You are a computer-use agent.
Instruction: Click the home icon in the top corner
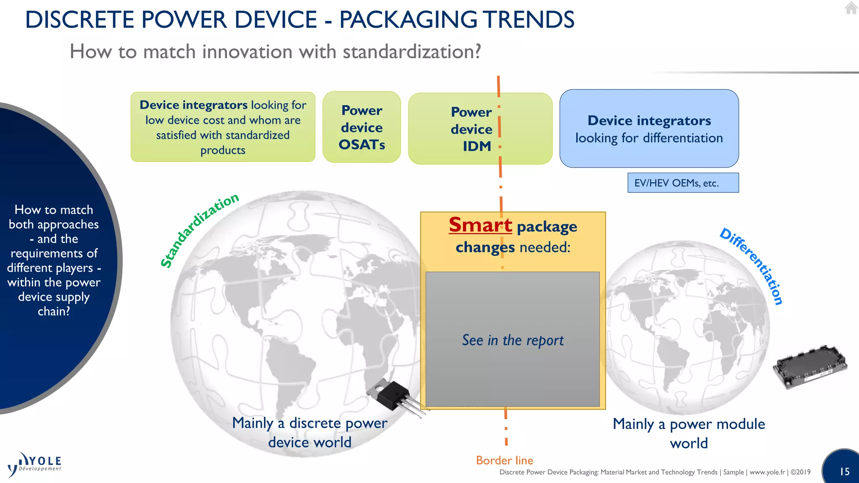(851, 8)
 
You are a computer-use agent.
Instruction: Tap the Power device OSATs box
(362, 127)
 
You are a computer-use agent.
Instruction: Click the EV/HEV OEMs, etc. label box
(682, 183)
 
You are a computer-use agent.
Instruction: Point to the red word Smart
(480, 225)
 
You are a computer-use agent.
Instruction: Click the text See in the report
(513, 340)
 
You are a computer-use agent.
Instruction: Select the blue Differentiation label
(752, 266)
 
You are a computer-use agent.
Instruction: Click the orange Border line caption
(504, 460)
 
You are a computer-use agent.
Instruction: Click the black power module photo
(810, 366)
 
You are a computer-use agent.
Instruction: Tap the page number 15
(844, 472)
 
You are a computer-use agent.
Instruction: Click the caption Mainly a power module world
(689, 433)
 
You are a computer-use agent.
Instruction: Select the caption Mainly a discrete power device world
(310, 432)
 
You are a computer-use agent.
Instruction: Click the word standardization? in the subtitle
(411, 52)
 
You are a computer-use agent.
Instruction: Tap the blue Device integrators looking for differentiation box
(649, 128)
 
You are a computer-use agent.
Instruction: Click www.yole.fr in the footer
(767, 472)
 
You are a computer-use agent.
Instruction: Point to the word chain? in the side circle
(54, 312)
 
